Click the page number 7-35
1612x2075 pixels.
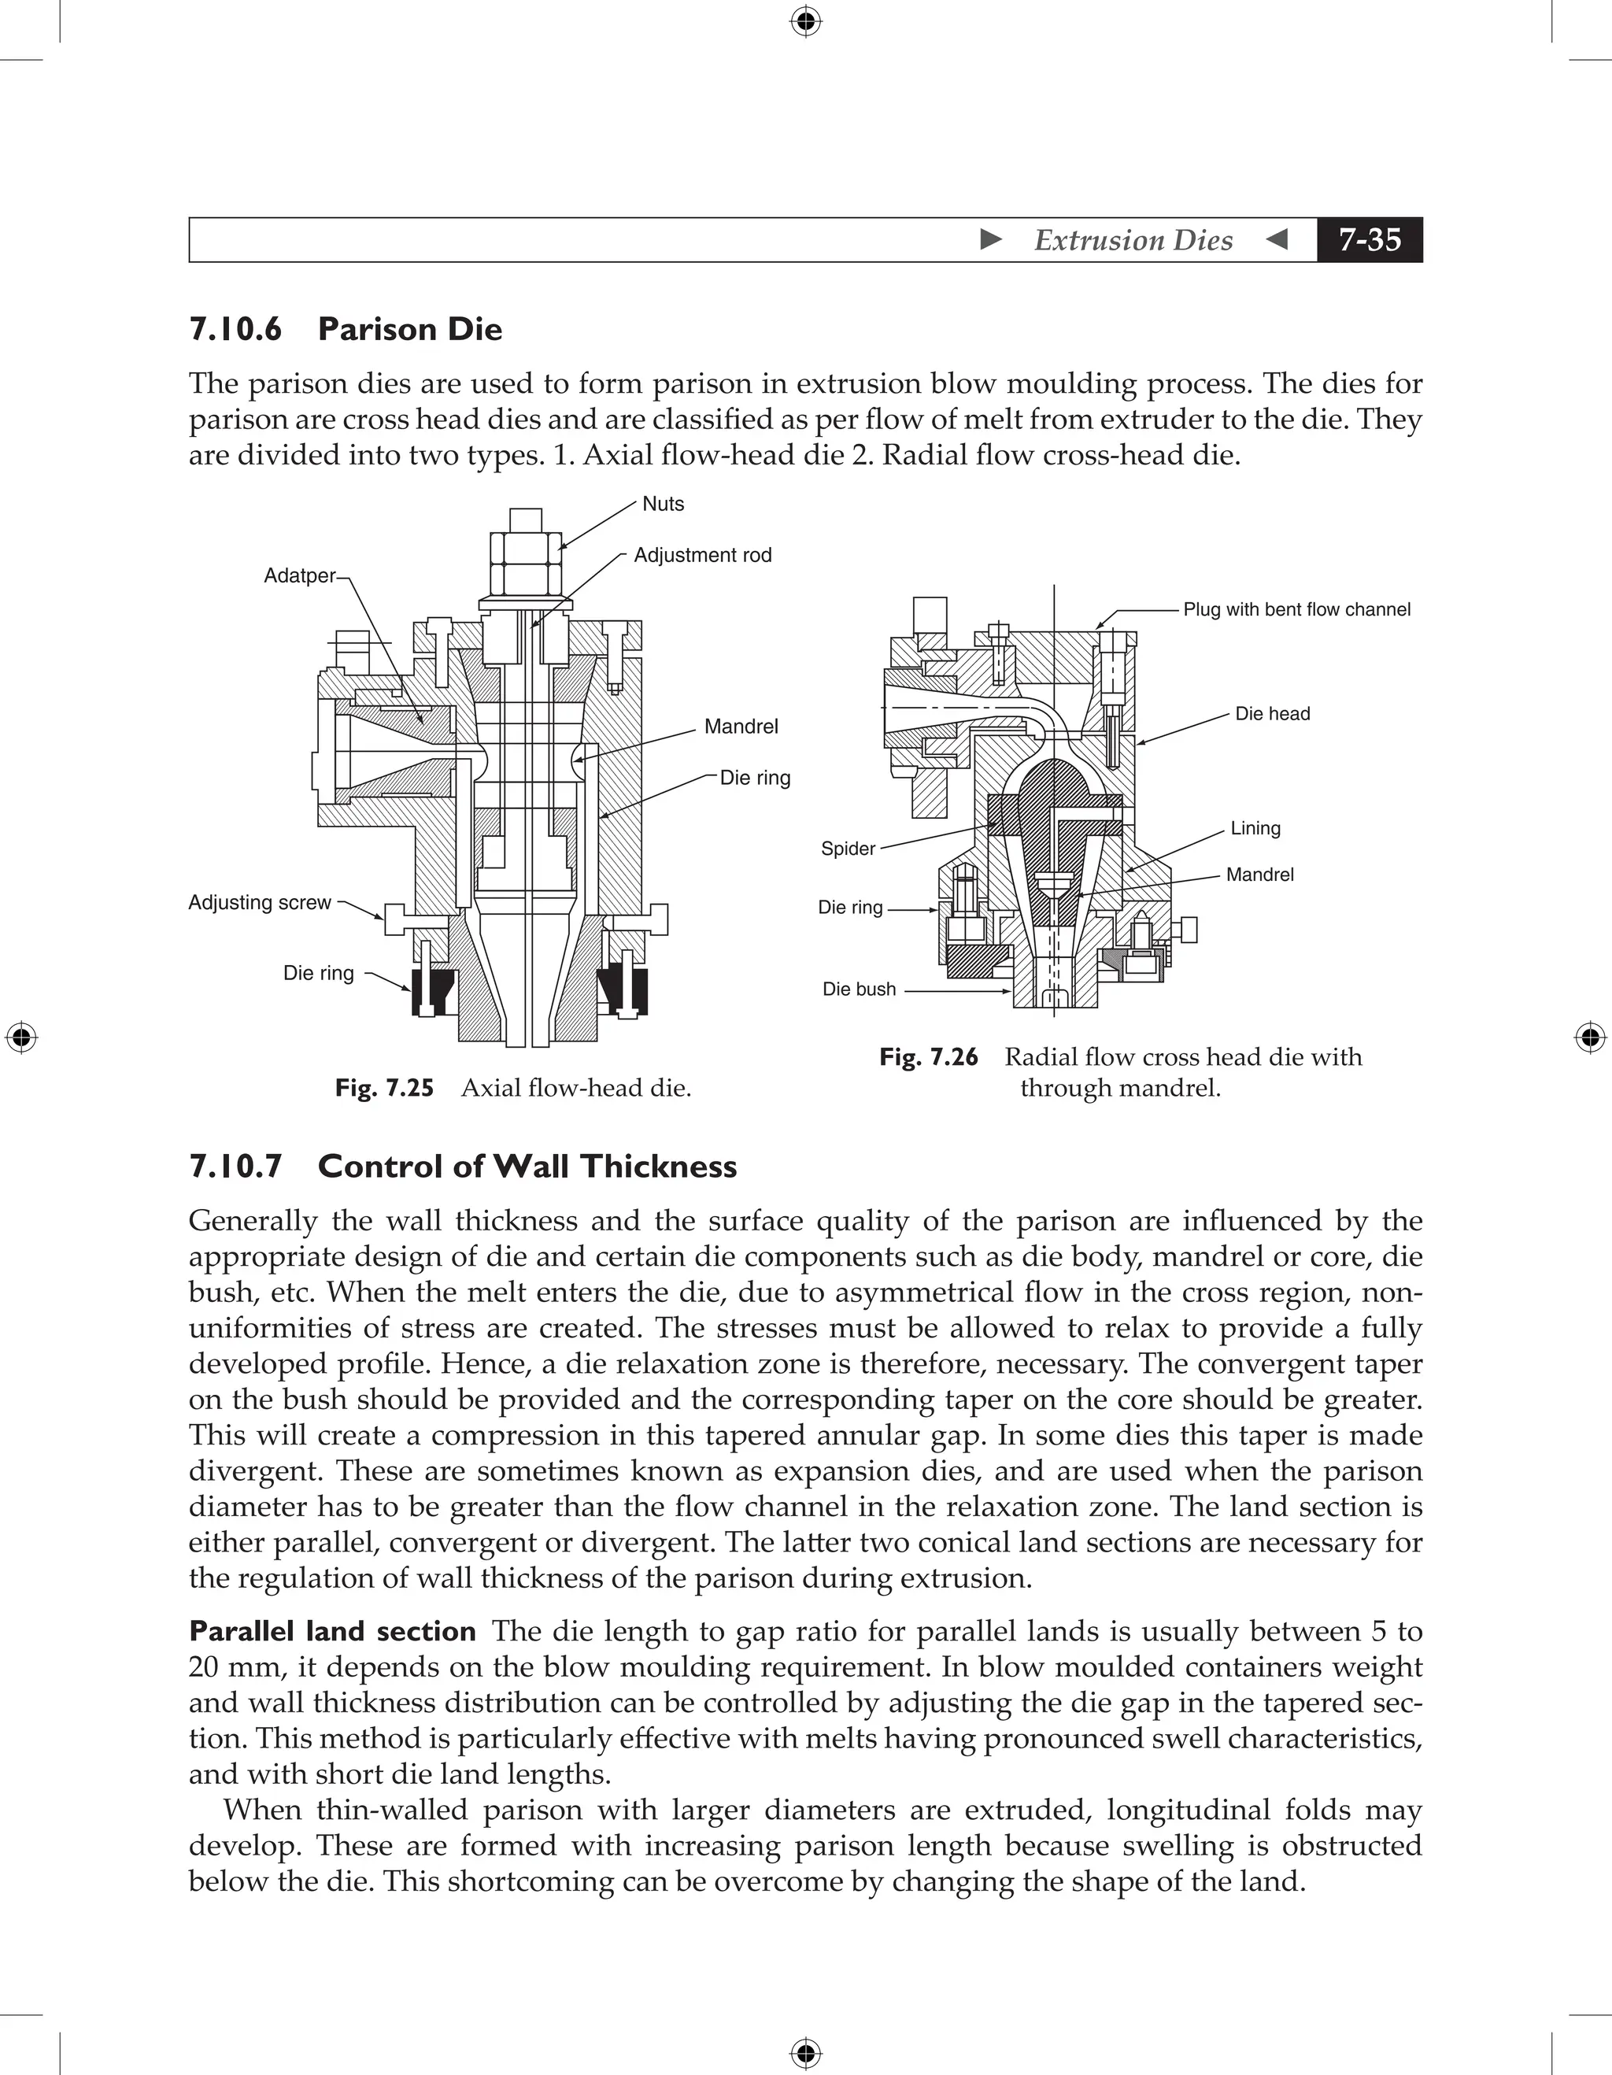click(x=1369, y=239)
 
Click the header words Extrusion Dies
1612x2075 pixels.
click(x=1133, y=239)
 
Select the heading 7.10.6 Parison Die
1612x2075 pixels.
click(x=346, y=329)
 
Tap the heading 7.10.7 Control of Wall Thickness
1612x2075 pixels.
click(x=463, y=1166)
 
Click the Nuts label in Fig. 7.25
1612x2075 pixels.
click(x=663, y=504)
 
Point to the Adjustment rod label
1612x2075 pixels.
click(x=702, y=555)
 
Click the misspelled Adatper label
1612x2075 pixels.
click(x=299, y=575)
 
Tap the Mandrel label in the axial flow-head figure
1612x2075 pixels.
click(x=741, y=727)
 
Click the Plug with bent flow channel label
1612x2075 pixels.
click(x=1296, y=610)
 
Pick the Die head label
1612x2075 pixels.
click(x=1272, y=713)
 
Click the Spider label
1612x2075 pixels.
click(x=847, y=849)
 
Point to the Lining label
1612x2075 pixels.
click(x=1255, y=828)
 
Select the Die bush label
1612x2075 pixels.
click(x=859, y=989)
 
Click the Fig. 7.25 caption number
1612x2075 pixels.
click(x=384, y=1088)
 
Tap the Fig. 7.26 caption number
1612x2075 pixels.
click(x=928, y=1057)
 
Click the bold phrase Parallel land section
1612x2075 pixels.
click(x=332, y=1631)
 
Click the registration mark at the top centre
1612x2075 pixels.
click(x=805, y=21)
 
